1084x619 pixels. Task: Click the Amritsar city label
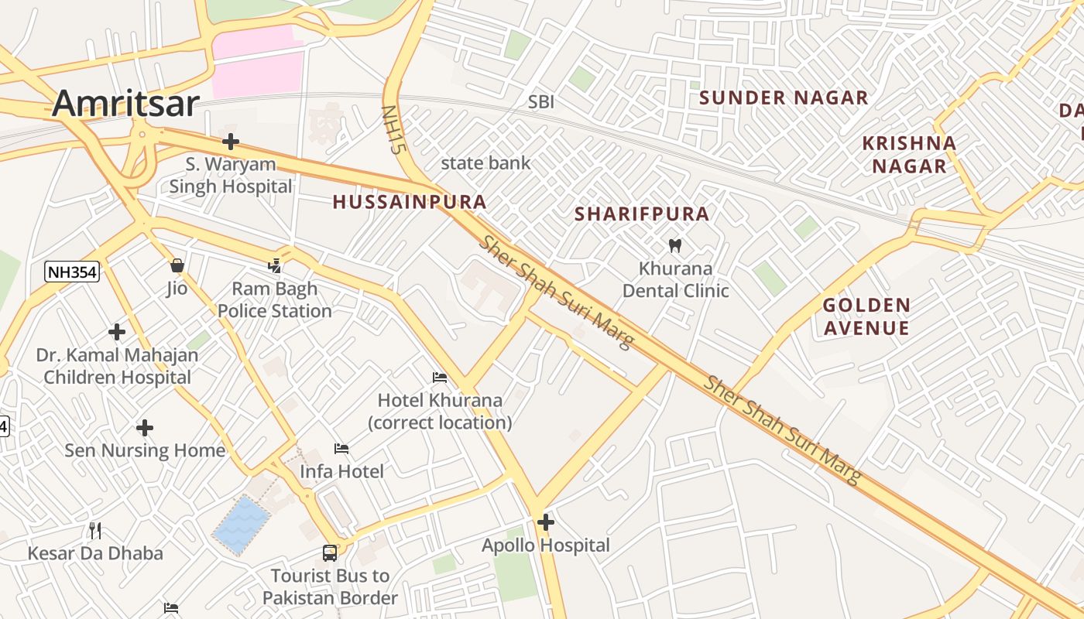126,103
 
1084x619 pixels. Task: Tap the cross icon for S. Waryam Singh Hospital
230,142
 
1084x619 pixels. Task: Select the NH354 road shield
73,271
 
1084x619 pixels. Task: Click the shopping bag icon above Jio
177,265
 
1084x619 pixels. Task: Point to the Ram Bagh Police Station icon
274,266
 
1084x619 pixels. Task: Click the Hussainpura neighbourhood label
410,202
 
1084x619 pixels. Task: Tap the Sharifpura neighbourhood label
642,214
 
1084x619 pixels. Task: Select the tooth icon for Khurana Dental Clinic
674,246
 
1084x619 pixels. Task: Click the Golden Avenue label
866,316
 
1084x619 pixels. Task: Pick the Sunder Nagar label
784,98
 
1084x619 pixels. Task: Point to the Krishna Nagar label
909,155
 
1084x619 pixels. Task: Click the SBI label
541,102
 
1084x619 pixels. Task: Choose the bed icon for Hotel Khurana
440,378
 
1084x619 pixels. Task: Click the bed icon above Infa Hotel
341,449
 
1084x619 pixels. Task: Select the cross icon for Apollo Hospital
546,522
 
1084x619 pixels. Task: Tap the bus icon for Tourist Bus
330,553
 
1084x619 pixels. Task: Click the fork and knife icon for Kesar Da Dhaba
95,530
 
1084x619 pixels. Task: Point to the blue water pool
242,525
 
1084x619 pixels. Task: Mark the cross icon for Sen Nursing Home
145,428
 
